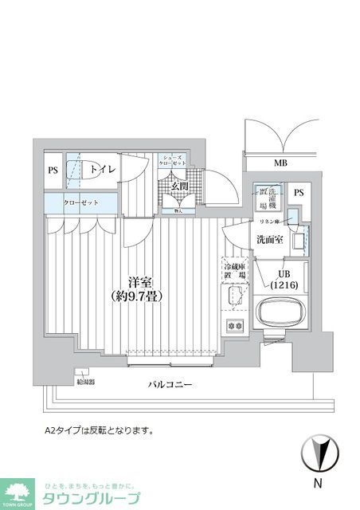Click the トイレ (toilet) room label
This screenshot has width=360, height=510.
click(x=102, y=170)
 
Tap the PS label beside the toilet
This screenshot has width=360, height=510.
click(x=53, y=170)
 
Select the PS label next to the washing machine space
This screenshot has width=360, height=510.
click(x=299, y=193)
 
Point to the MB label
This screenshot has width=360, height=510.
click(x=280, y=163)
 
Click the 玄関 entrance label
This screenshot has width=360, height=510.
click(x=179, y=186)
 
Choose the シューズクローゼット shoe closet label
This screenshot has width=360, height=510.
click(x=172, y=161)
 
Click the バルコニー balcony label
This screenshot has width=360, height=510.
click(x=171, y=385)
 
